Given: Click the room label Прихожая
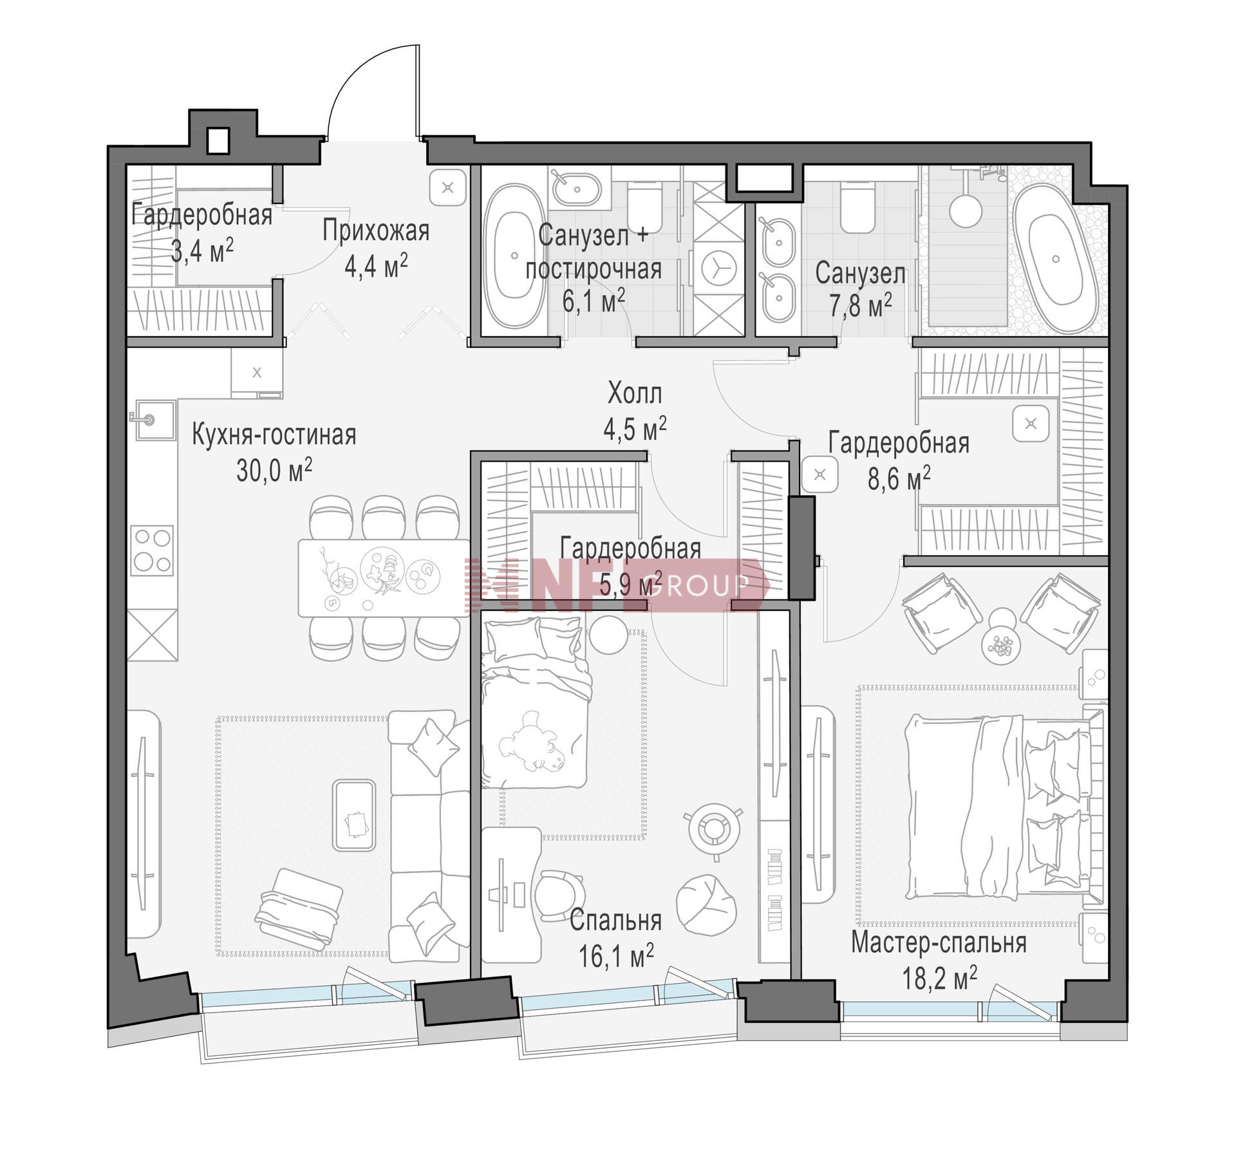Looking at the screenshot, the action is [376, 230].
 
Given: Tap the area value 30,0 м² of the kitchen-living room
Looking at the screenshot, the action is [274, 471].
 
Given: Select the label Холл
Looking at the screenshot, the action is [635, 393].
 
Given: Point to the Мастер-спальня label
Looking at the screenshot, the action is [939, 943].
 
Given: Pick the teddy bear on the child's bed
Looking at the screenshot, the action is [532, 741].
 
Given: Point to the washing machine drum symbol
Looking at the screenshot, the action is [718, 270].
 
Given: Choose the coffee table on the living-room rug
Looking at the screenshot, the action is [353, 815].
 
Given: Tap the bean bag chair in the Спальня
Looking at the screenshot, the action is [706, 904].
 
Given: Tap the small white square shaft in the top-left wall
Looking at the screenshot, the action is [218, 140].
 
